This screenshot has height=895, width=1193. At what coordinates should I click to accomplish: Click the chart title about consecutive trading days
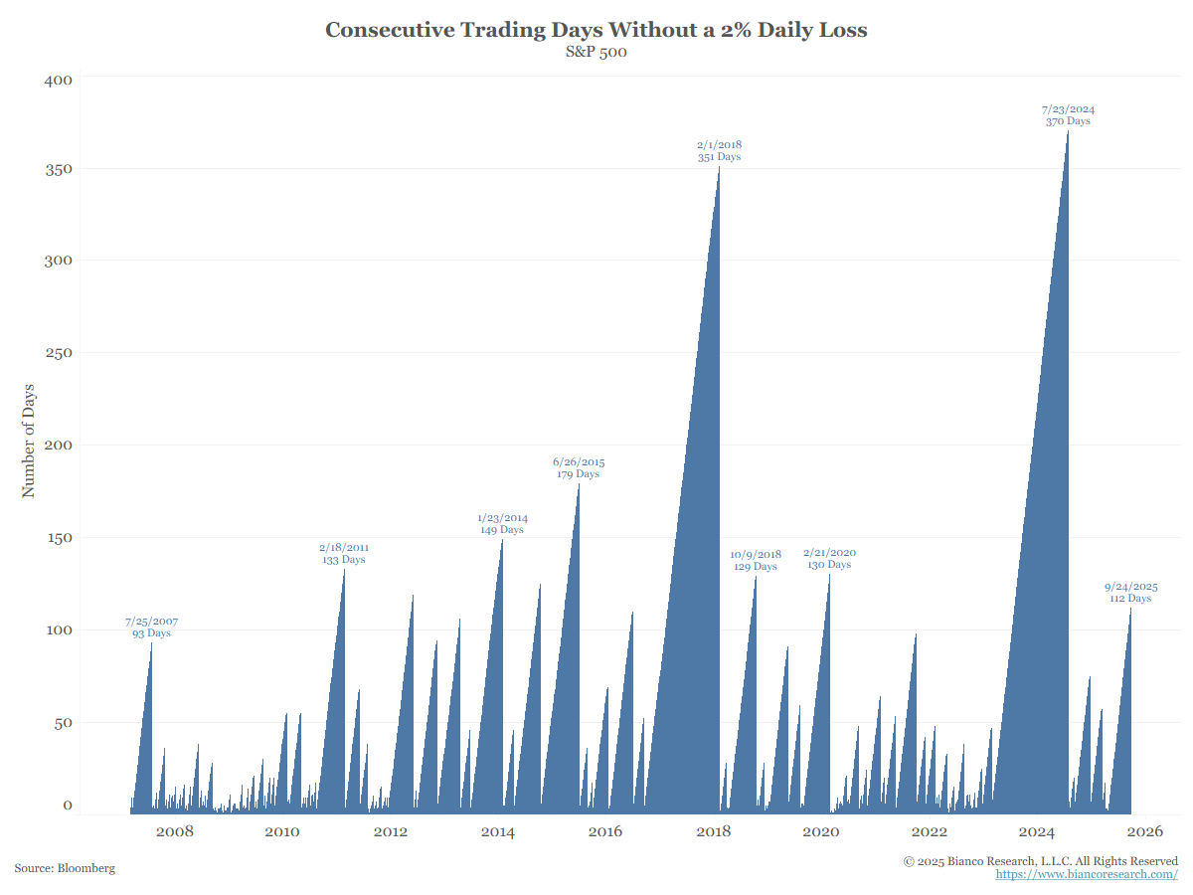click(596, 30)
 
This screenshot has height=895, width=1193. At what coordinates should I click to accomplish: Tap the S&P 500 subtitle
click(596, 53)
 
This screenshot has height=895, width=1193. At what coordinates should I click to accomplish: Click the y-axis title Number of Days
click(28, 440)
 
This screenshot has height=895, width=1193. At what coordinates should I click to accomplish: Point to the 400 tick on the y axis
click(59, 80)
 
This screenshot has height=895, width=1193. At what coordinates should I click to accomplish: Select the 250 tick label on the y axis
click(59, 353)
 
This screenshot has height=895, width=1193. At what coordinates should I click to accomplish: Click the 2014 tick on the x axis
click(497, 832)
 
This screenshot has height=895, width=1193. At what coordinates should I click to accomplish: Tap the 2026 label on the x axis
click(1146, 832)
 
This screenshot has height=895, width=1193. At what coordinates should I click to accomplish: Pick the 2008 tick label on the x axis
click(174, 832)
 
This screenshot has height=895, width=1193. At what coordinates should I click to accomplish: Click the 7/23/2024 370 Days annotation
click(1068, 115)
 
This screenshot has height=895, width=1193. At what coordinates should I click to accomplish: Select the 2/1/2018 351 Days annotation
click(719, 150)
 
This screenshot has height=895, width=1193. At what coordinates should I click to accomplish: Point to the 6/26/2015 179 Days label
click(579, 467)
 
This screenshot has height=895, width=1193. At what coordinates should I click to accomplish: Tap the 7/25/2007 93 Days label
click(151, 627)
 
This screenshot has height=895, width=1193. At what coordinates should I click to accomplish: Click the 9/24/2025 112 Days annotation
click(1130, 593)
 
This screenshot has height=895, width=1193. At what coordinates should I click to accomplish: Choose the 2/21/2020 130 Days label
click(829, 559)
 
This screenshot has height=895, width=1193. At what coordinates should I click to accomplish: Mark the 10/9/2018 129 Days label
click(756, 561)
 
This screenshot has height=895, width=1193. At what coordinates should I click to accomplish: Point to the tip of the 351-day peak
click(719, 167)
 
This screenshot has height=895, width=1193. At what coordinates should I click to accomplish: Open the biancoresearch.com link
click(1087, 874)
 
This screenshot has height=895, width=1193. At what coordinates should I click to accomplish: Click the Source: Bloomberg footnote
click(65, 868)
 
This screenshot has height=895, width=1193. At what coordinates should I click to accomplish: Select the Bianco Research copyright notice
click(1041, 860)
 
